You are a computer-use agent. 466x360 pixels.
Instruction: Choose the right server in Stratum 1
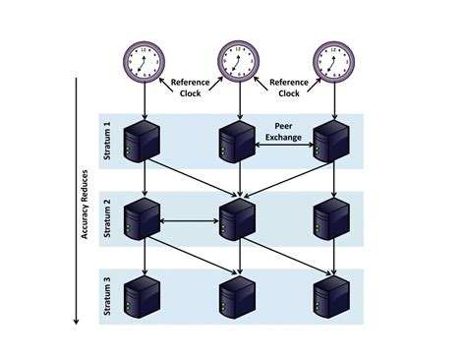(x=333, y=141)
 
